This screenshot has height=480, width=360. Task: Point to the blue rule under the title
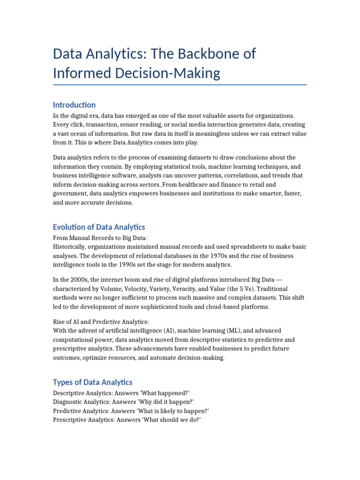pyautogui.click(x=180, y=85)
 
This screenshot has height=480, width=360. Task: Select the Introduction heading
pyautogui.click(x=75, y=105)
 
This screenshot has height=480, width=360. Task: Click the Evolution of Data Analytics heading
pyautogui.click(x=99, y=227)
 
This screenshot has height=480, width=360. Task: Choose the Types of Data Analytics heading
pyautogui.click(x=93, y=382)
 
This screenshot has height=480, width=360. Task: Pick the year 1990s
pyautogui.click(x=125, y=265)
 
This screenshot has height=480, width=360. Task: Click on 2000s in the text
pyautogui.click(x=75, y=280)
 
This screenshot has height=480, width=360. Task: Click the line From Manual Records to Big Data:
pyautogui.click(x=100, y=238)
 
